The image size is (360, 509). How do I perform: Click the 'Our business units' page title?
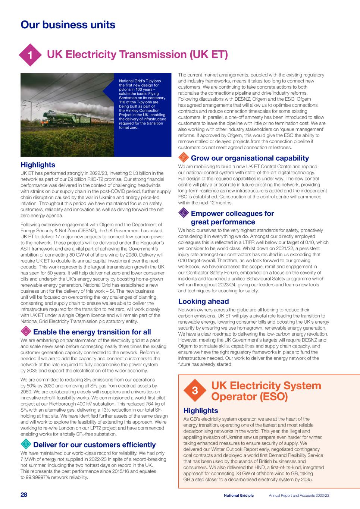(68, 25)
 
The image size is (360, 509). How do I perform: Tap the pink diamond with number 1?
(30, 55)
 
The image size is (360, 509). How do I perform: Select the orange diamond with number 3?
(195, 391)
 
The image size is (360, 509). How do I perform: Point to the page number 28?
(24, 495)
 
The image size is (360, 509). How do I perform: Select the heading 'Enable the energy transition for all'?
(92, 332)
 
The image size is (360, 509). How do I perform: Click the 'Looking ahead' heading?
(203, 301)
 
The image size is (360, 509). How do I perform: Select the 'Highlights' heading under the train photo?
(38, 165)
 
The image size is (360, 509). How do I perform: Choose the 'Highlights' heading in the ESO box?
(200, 411)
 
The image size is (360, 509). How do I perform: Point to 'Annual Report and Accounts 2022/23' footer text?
(299, 495)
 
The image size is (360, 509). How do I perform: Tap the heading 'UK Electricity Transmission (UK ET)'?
(137, 54)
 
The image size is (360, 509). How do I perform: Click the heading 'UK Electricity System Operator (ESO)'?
(266, 391)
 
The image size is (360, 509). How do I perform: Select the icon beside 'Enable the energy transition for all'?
(26, 331)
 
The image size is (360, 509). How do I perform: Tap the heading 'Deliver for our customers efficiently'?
(94, 444)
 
